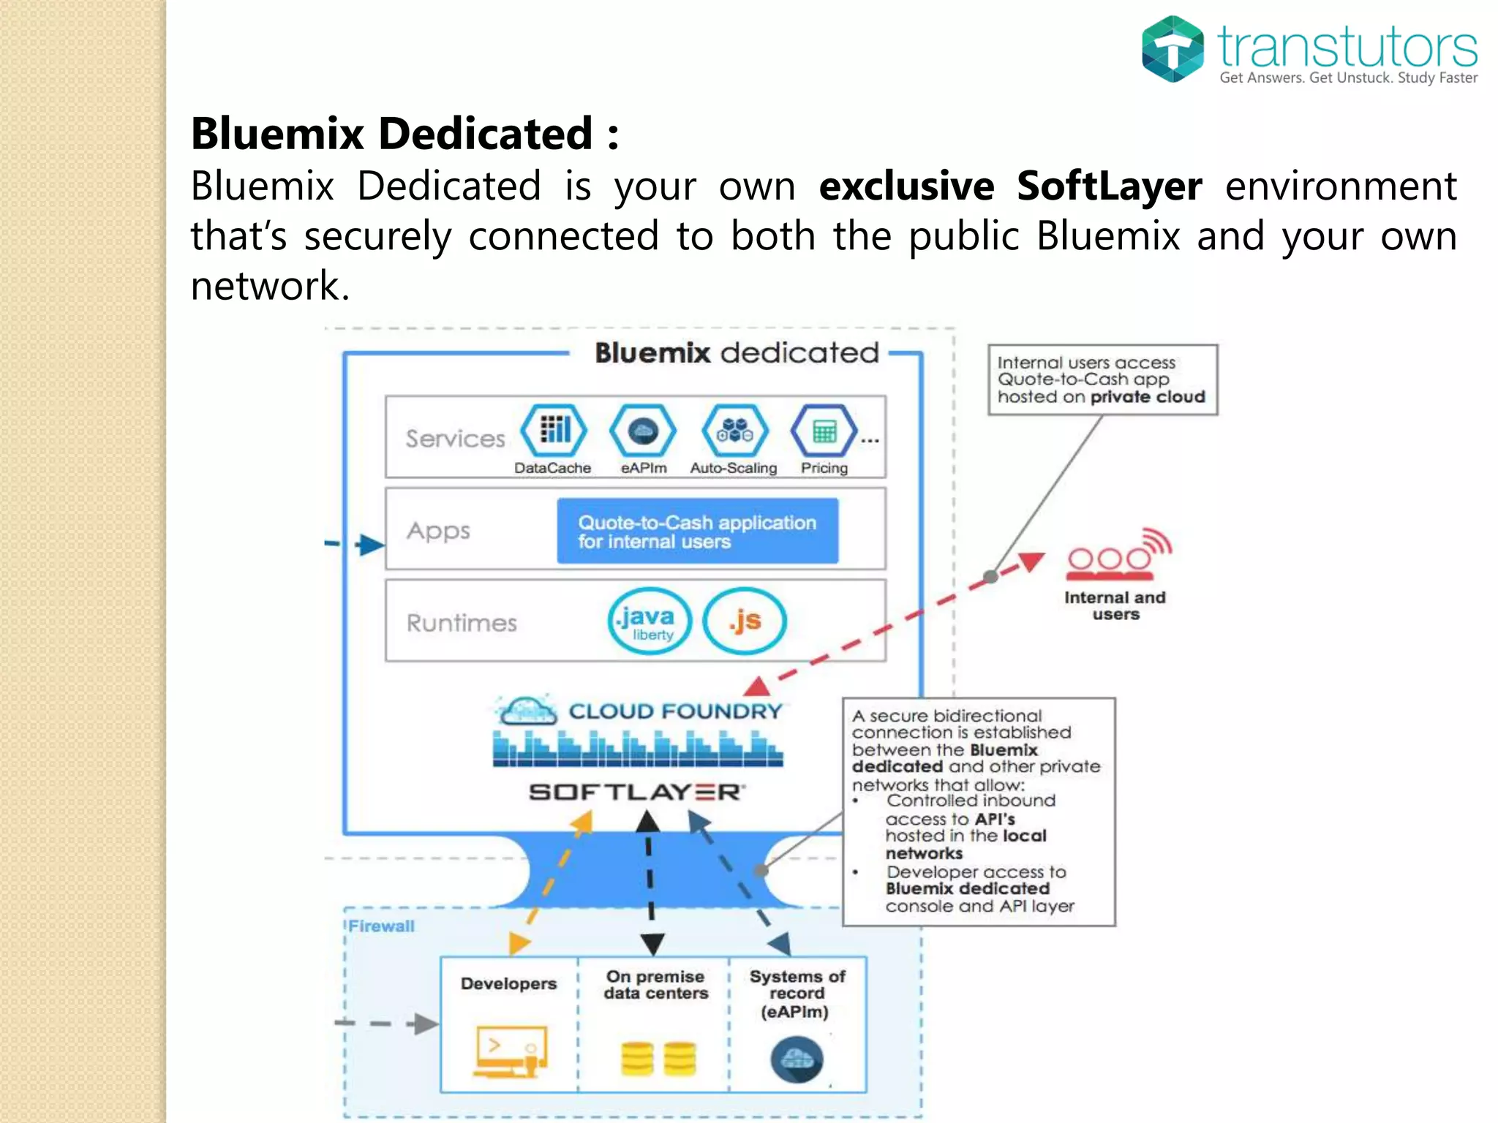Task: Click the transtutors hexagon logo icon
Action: click(x=1173, y=48)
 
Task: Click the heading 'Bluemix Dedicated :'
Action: click(x=404, y=134)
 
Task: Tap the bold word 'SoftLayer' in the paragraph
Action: click(x=1109, y=186)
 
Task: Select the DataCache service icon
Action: click(x=554, y=431)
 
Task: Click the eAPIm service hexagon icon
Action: click(x=643, y=431)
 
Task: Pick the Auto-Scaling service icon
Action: click(x=734, y=431)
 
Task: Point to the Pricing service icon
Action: click(x=824, y=431)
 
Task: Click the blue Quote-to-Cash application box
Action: click(x=697, y=532)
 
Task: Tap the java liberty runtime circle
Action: click(x=650, y=621)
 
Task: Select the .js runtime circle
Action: click(x=745, y=621)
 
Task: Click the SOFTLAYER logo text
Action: click(x=636, y=793)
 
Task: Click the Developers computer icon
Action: click(x=510, y=1051)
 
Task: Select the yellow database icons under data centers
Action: click(x=658, y=1058)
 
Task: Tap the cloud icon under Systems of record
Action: click(x=797, y=1059)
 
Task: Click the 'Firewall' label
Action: click(x=381, y=926)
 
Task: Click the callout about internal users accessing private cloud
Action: click(x=1102, y=380)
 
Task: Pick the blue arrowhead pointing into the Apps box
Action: click(x=370, y=545)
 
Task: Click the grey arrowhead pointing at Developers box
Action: click(x=425, y=1024)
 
